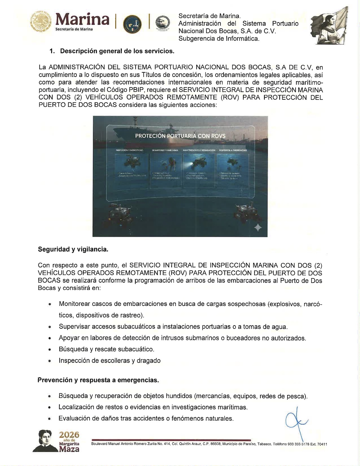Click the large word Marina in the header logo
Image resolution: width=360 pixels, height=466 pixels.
82,19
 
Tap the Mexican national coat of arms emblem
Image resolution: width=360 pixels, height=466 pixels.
41,21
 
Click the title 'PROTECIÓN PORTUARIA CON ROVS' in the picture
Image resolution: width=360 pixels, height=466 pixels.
180,136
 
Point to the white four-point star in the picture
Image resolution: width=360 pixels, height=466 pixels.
258,227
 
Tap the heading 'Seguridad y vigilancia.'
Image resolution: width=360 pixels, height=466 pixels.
73,249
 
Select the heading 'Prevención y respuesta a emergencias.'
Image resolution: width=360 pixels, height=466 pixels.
98,380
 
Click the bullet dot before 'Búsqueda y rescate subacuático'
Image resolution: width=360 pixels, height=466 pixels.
50,350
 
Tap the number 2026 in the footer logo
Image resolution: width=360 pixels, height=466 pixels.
69,435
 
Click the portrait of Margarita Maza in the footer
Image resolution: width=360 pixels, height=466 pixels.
45,441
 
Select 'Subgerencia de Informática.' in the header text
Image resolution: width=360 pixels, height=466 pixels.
219,39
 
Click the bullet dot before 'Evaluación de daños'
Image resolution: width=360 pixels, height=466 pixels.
49,419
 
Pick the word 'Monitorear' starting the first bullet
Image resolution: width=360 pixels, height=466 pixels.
74,304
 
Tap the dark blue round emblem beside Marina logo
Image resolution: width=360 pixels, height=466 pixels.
132,24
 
